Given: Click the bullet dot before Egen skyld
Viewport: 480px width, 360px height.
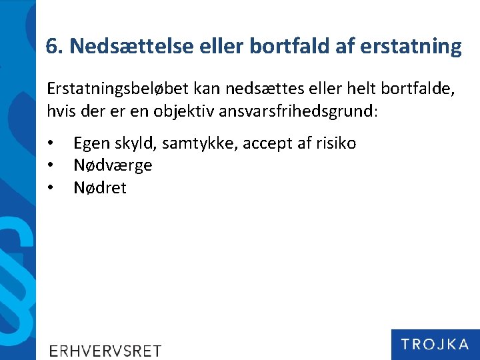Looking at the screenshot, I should (x=50, y=143).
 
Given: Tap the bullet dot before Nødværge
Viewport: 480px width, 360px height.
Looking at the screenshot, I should (x=50, y=165).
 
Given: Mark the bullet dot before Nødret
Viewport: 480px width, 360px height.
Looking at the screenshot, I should (x=50, y=188).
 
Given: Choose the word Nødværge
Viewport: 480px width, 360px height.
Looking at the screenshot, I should (x=113, y=165).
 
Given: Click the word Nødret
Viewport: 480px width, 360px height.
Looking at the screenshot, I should (x=100, y=188).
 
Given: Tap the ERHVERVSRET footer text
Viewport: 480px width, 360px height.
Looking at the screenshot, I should (x=105, y=351).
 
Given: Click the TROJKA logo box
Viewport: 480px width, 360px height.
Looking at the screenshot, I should (x=435, y=345).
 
